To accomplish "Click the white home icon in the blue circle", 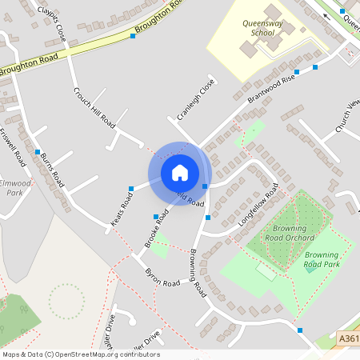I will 180,173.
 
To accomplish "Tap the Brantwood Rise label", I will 271,86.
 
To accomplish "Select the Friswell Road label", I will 14,147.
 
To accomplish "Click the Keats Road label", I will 122,206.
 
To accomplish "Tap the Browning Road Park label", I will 322,259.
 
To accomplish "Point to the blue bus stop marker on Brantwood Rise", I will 315,68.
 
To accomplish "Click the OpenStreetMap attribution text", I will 81,354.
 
